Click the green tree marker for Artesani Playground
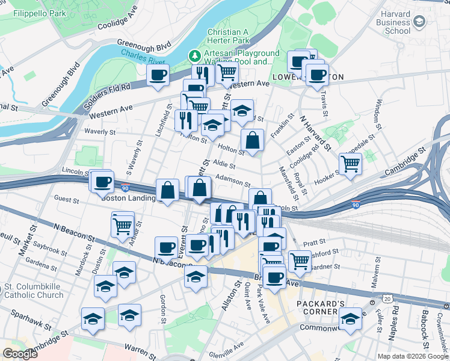click(194, 57)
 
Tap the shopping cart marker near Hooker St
click(350, 162)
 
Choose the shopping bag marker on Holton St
click(253, 140)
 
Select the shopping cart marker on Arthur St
click(123, 226)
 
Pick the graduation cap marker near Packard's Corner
click(350, 319)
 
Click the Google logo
click(20, 354)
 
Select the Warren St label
click(140, 348)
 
